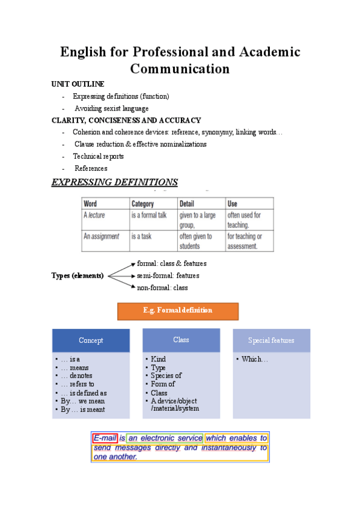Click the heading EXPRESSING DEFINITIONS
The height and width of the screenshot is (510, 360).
(115, 182)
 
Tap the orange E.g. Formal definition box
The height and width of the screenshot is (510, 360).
(178, 311)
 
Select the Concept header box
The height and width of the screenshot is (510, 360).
(91, 340)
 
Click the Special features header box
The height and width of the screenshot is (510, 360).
(271, 340)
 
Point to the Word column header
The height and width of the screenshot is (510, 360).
(90, 204)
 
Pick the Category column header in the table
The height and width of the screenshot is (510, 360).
(143, 204)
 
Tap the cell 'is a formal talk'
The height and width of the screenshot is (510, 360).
(149, 215)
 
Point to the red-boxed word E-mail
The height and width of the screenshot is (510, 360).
(105, 438)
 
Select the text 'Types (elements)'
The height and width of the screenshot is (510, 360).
(78, 275)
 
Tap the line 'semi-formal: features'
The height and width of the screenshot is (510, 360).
(168, 275)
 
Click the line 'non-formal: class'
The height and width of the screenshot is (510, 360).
(162, 287)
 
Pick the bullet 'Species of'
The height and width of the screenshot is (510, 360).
(166, 376)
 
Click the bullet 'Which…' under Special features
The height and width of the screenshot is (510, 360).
(255, 360)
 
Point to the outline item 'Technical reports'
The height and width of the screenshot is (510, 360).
(99, 156)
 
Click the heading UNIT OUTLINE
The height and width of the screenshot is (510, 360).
(78, 84)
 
